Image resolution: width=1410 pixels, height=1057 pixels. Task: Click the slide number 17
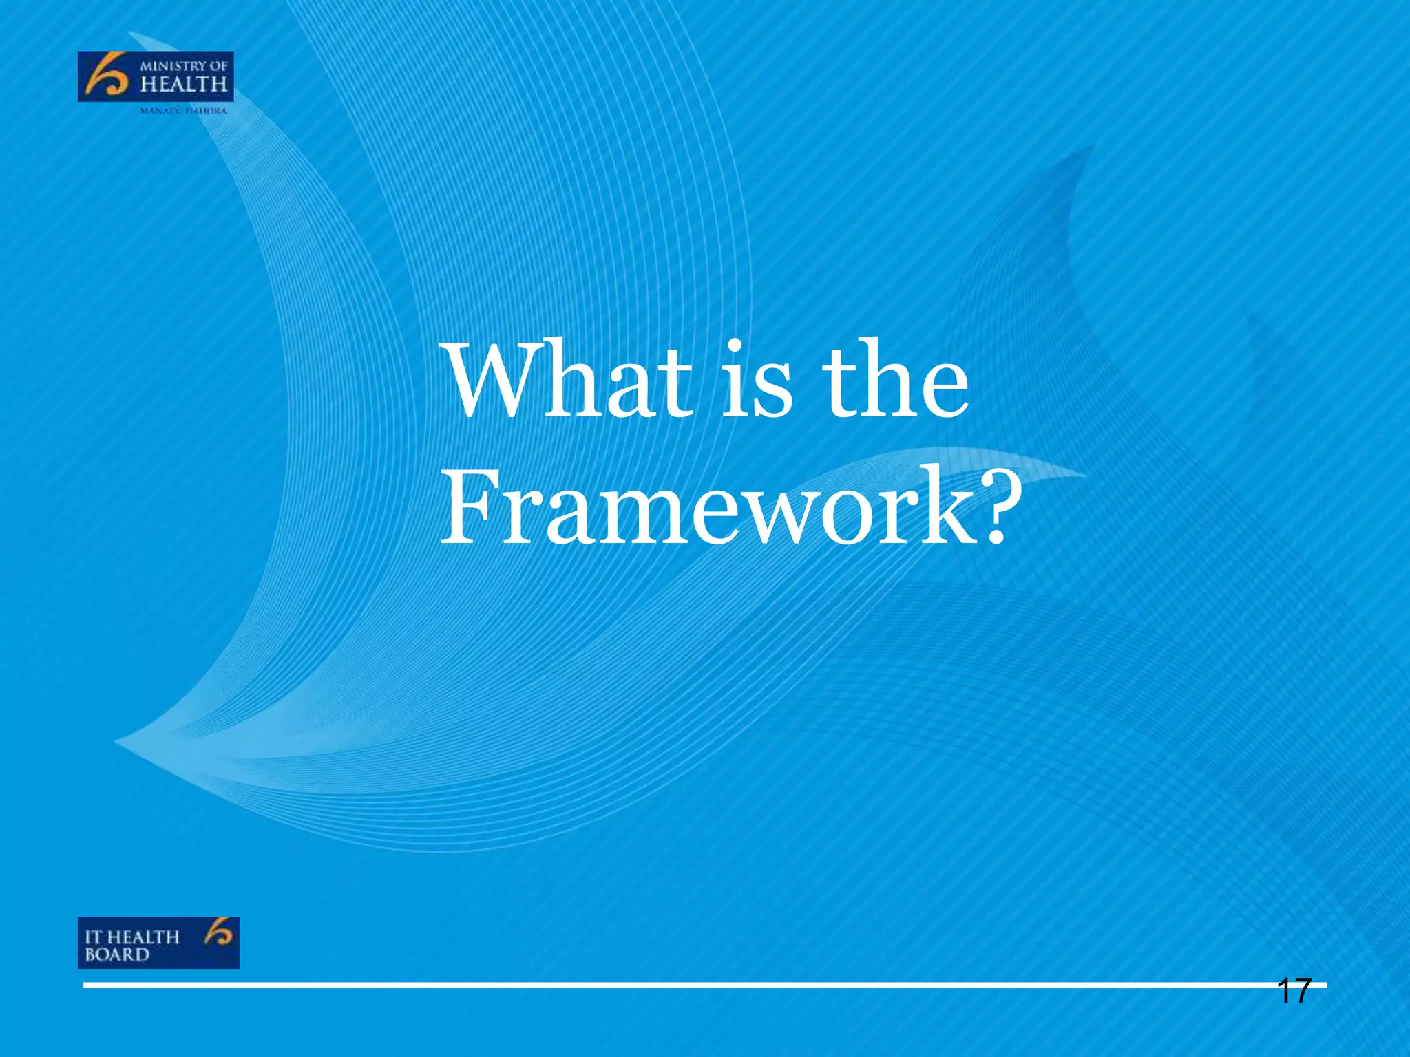1294,992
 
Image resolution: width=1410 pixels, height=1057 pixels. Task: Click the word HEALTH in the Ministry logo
183,85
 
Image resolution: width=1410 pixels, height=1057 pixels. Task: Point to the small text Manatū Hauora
183,111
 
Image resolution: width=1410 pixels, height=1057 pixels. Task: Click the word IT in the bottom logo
93,937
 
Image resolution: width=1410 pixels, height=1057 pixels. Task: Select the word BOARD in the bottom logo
116,955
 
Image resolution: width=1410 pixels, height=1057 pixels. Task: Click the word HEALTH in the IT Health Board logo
143,937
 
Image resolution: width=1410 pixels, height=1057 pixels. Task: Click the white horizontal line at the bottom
688,985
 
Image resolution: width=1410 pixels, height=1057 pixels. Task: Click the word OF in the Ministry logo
218,67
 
